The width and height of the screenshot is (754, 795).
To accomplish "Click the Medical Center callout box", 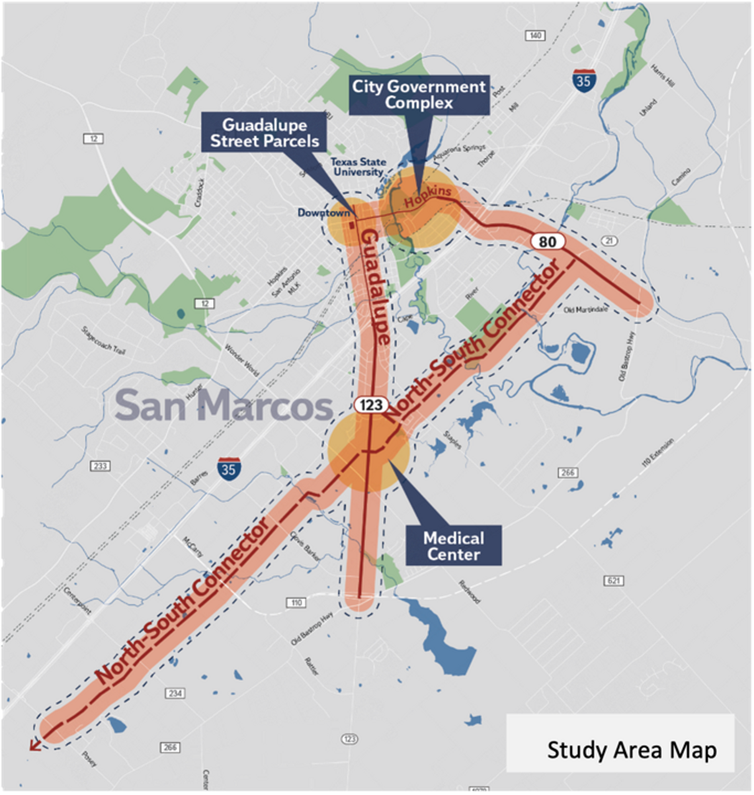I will [454, 546].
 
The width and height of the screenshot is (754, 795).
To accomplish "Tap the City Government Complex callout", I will [419, 95].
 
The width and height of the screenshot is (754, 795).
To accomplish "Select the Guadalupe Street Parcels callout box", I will [265, 133].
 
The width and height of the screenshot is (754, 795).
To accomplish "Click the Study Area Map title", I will [632, 750].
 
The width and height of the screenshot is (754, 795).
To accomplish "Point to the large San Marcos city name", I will [224, 405].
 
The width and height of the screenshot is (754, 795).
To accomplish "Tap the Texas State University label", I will [358, 167].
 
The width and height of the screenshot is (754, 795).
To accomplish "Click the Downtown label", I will [323, 213].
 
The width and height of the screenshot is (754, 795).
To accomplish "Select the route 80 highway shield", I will [548, 241].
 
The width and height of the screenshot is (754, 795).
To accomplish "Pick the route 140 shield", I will [535, 35].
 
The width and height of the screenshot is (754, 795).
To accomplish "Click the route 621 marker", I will [614, 581].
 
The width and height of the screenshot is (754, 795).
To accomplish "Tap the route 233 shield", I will [100, 466].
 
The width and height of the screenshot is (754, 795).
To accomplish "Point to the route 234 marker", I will [175, 693].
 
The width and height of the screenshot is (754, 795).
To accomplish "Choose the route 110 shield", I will [296, 603].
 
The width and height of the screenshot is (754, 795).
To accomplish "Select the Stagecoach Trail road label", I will [103, 340].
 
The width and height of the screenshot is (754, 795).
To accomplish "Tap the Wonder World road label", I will [241, 359].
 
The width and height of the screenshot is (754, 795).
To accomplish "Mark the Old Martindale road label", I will [587, 310].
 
